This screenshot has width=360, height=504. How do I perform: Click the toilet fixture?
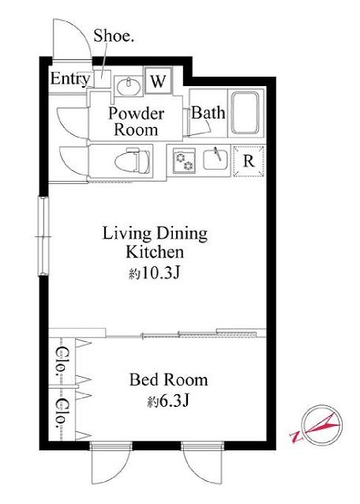[x=133, y=160]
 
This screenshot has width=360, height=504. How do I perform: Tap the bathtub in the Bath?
[x=245, y=113]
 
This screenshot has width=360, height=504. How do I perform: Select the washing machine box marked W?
[x=158, y=81]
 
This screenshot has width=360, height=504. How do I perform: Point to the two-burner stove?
[x=184, y=160]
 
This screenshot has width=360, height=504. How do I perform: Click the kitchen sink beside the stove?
[x=216, y=159]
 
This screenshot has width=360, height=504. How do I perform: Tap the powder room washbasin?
[x=128, y=86]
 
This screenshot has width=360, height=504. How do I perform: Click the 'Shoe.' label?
[x=114, y=36]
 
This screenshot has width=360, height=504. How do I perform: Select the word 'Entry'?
[x=70, y=79]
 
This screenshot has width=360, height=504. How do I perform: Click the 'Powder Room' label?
[x=136, y=122]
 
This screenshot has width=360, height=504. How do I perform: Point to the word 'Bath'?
[x=208, y=113]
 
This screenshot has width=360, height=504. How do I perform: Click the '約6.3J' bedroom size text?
[x=167, y=401]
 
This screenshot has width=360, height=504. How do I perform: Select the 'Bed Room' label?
[x=169, y=380]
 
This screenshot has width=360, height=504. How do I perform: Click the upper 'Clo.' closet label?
[x=62, y=361]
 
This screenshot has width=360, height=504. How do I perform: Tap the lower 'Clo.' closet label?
[x=62, y=414]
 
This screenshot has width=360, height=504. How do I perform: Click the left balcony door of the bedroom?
[x=111, y=463]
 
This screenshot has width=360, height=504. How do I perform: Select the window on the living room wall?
[x=43, y=236]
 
